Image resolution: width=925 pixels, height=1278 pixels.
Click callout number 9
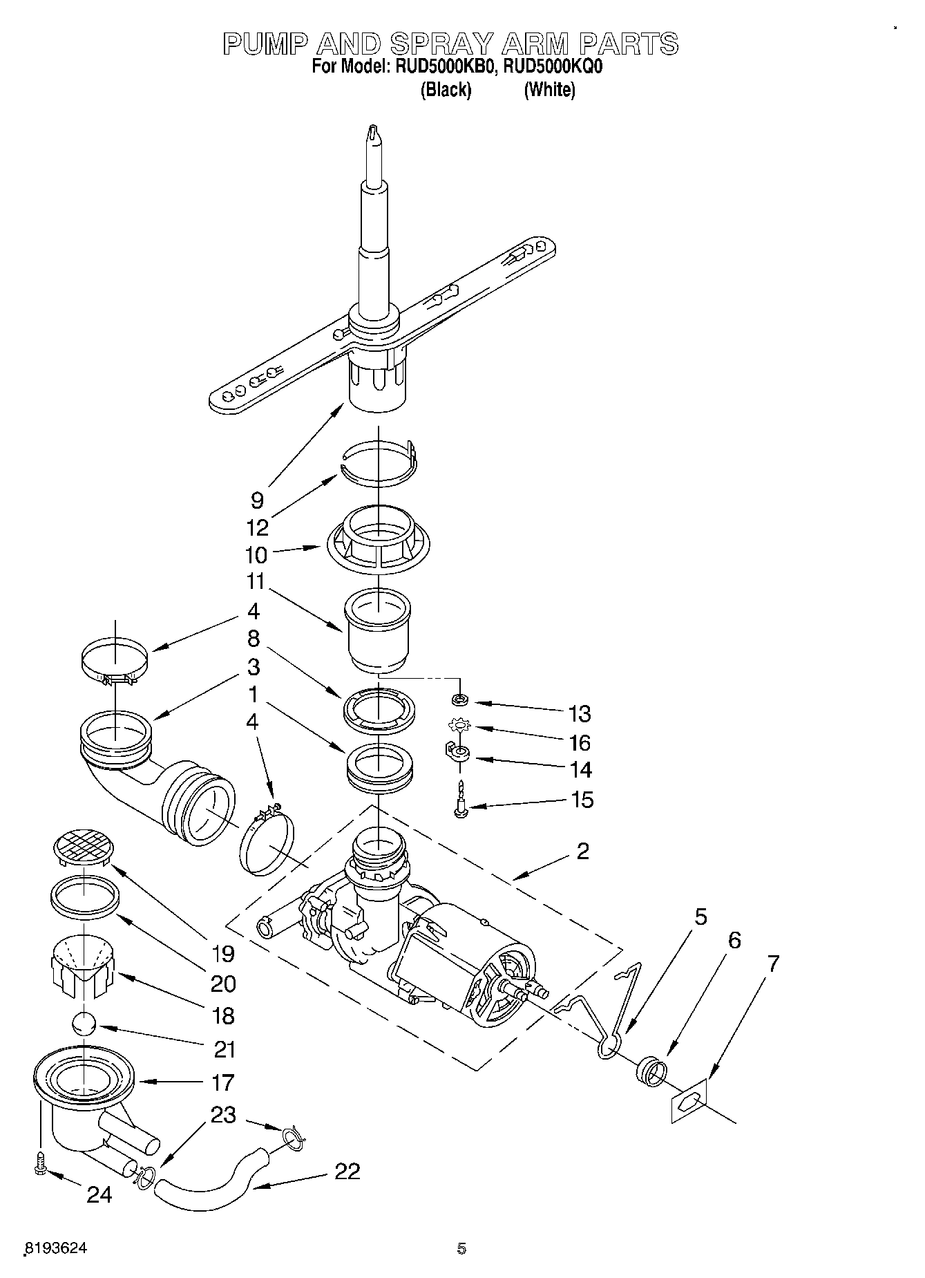pos(257,500)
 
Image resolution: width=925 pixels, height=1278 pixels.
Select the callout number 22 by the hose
pos(347,1171)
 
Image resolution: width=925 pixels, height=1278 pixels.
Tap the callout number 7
pos(773,964)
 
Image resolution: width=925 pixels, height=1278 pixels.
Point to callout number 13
pos(580,713)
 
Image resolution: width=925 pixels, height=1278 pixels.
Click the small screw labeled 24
pos(39,1163)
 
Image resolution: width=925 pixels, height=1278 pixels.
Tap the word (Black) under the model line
pos(446,90)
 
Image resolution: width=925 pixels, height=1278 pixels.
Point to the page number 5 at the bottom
pos(461,1248)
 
